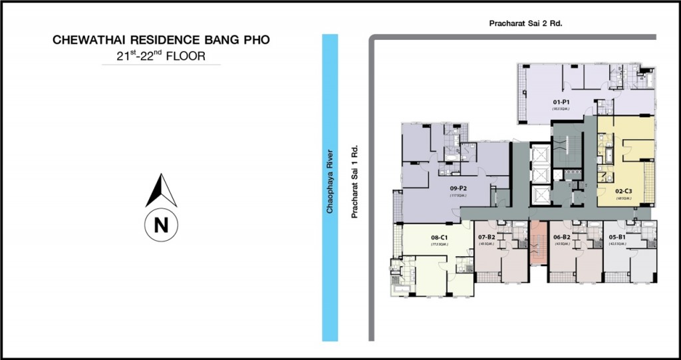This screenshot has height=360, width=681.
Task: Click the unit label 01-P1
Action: pos(561,102)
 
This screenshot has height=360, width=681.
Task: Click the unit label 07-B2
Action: pos(487,236)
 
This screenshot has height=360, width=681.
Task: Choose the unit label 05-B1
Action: pos(617,236)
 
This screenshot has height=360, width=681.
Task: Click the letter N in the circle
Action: pos(160,225)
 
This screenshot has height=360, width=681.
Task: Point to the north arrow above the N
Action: pos(160,190)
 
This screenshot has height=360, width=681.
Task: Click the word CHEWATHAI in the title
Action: pos(84,41)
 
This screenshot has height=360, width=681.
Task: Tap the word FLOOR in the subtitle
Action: pos(186,57)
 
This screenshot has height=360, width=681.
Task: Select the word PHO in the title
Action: pos(256,41)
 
